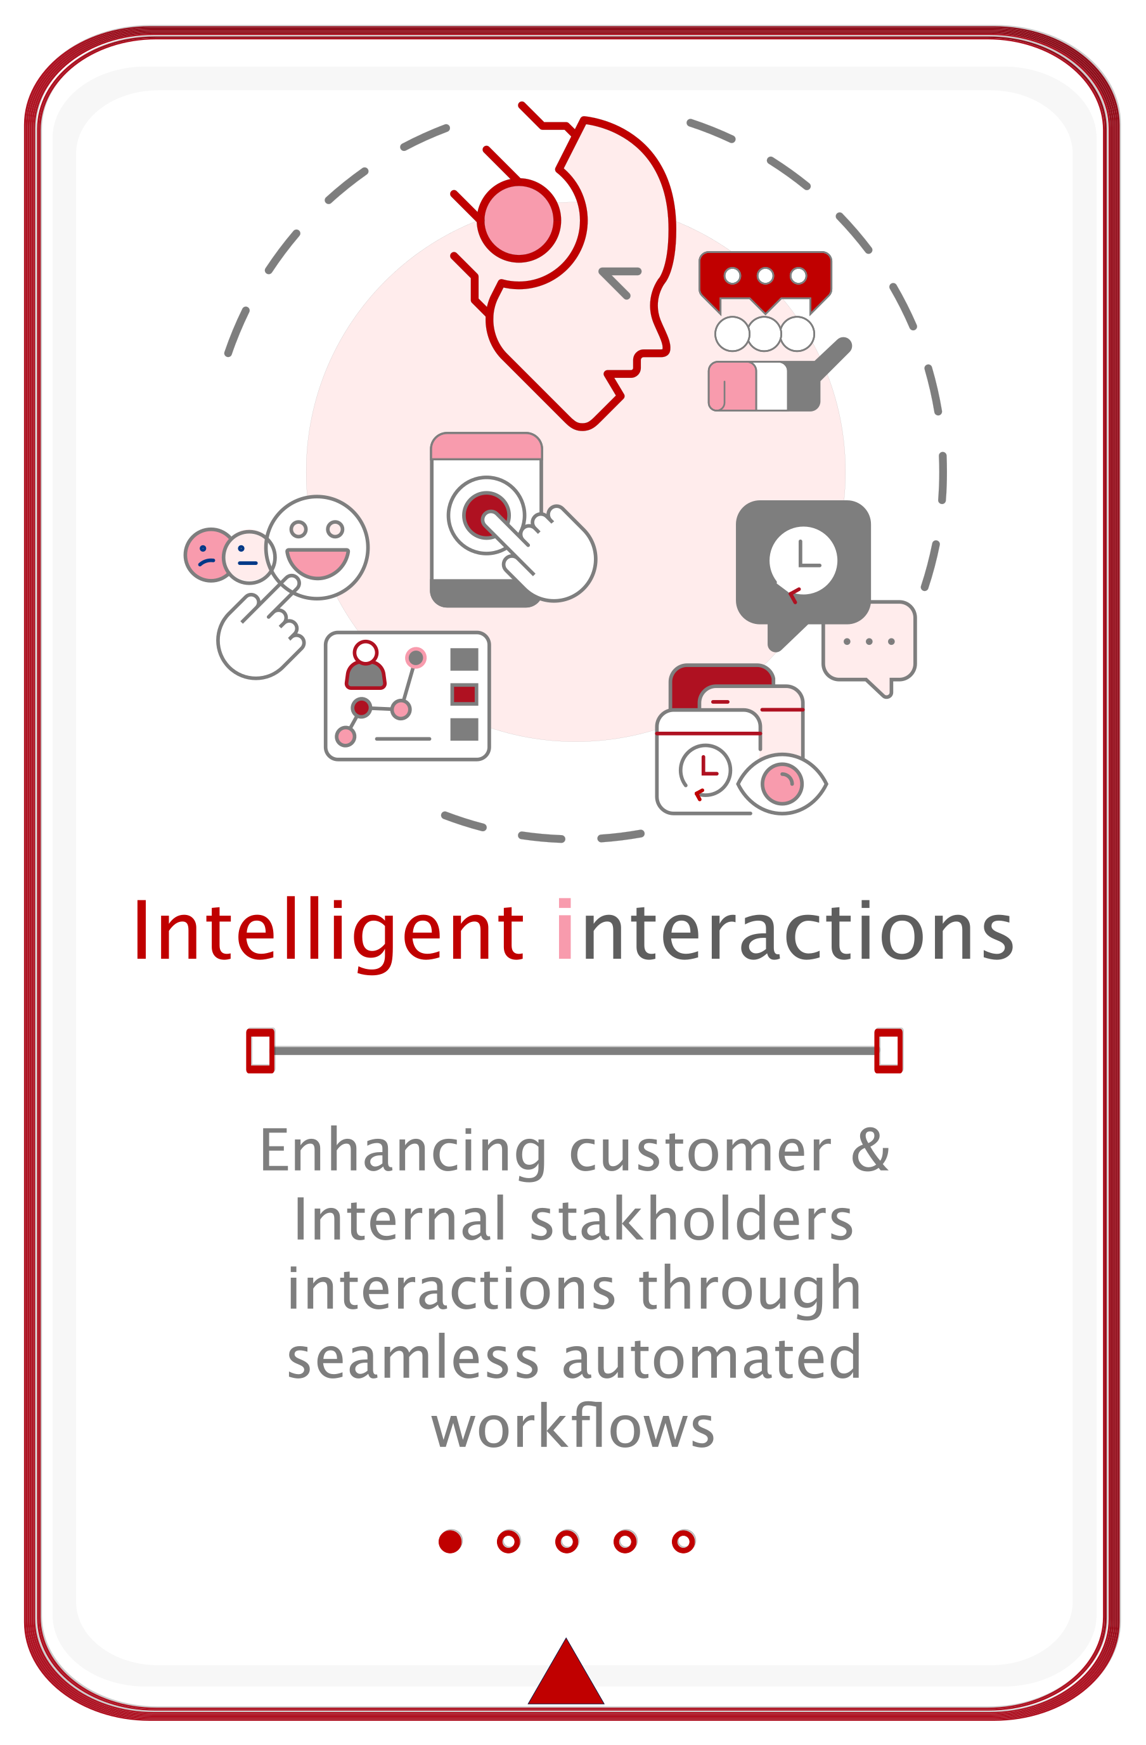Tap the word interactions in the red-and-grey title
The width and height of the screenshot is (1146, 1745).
click(x=785, y=930)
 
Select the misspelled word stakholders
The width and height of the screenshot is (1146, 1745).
click(x=691, y=1219)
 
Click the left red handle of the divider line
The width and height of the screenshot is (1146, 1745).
click(x=260, y=1051)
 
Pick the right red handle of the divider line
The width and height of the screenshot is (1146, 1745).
click(x=888, y=1051)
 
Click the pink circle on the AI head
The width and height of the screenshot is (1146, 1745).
click(x=518, y=220)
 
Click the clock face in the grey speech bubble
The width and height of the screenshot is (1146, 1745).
click(x=803, y=560)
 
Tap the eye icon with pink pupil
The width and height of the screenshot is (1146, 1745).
click(x=782, y=784)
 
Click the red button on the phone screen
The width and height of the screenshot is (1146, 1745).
click(x=485, y=515)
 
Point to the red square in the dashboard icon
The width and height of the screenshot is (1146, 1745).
click(x=464, y=694)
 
